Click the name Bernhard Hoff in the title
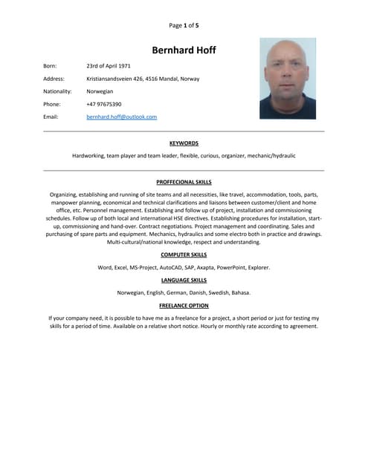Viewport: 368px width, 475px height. [x=184, y=50]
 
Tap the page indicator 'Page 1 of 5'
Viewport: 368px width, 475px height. [x=184, y=25]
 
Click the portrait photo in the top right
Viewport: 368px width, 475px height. [x=287, y=79]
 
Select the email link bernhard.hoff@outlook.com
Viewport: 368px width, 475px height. [x=121, y=117]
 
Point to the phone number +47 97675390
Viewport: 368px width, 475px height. [x=104, y=104]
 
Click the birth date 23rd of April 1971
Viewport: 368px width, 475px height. [x=109, y=66]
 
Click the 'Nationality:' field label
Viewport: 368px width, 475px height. [x=57, y=91]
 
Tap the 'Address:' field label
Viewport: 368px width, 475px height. [x=54, y=79]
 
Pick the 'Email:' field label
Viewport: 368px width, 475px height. [x=51, y=117]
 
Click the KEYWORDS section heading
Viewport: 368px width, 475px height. [x=184, y=142]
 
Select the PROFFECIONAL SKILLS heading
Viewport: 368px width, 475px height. [x=184, y=181]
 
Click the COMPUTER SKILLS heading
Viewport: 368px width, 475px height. [x=184, y=255]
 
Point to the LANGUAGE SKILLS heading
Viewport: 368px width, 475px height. [x=184, y=280]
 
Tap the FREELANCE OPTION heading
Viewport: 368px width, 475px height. [x=184, y=305]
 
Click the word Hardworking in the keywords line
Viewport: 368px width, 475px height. [x=88, y=156]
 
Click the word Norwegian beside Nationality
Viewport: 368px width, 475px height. [x=100, y=91]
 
